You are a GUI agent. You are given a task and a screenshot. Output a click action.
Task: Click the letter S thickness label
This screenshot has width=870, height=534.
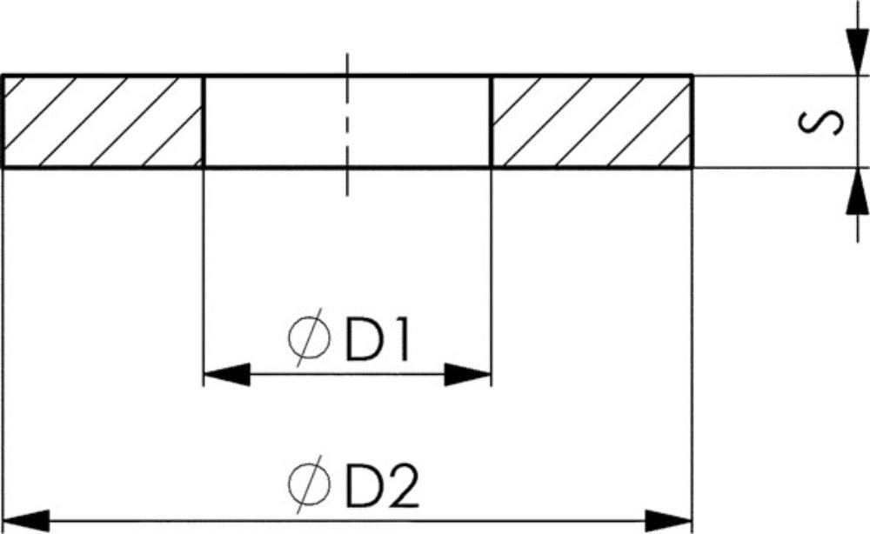(x=820, y=122)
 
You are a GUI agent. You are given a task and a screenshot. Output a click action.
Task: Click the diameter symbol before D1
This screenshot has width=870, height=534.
(x=309, y=338)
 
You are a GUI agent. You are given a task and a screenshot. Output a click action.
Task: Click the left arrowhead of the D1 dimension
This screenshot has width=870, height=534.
(x=226, y=374)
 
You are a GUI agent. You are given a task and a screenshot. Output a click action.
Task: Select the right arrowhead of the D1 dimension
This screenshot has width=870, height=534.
(x=468, y=374)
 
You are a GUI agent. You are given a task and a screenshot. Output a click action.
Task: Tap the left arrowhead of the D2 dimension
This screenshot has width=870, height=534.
(x=26, y=521)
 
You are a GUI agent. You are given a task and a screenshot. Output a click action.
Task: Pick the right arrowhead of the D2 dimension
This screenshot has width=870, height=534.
(x=668, y=521)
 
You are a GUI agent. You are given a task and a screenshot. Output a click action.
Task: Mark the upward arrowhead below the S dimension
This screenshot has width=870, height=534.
(x=857, y=190)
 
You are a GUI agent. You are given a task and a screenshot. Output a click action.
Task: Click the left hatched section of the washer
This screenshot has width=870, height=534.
(x=104, y=122)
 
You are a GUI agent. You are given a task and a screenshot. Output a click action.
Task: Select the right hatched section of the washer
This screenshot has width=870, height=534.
(x=592, y=122)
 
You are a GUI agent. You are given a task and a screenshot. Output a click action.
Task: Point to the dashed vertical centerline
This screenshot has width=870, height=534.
(x=347, y=124)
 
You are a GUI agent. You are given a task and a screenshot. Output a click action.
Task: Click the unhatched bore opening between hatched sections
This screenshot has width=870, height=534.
(x=348, y=122)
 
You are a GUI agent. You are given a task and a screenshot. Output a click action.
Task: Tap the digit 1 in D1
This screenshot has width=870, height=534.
(x=401, y=339)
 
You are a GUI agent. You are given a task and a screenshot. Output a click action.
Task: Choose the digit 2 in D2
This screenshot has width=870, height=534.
(x=403, y=486)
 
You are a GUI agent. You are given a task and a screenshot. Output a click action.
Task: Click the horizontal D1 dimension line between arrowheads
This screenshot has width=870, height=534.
(x=347, y=374)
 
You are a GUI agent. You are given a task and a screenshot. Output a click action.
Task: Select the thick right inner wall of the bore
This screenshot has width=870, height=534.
(x=492, y=122)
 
